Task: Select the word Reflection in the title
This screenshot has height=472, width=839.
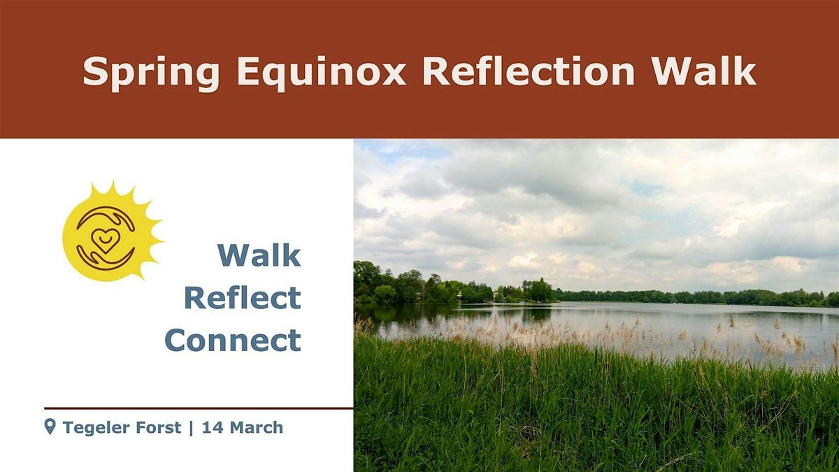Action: tap(529, 71)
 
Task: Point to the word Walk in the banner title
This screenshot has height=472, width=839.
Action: tap(704, 71)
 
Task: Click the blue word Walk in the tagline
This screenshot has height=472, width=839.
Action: tap(259, 255)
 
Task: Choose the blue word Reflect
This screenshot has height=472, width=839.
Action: tap(243, 297)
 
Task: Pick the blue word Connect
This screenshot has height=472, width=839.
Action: tap(233, 340)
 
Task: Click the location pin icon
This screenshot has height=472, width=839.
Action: tap(50, 427)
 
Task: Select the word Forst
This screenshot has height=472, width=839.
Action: tap(159, 427)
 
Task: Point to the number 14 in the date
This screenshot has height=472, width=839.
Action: tap(213, 427)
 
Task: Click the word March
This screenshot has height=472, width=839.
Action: tap(257, 427)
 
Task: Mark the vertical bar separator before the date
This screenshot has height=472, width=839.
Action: tap(192, 428)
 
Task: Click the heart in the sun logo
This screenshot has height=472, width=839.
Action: tap(106, 239)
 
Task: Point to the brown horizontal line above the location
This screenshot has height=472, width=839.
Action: tap(199, 408)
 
